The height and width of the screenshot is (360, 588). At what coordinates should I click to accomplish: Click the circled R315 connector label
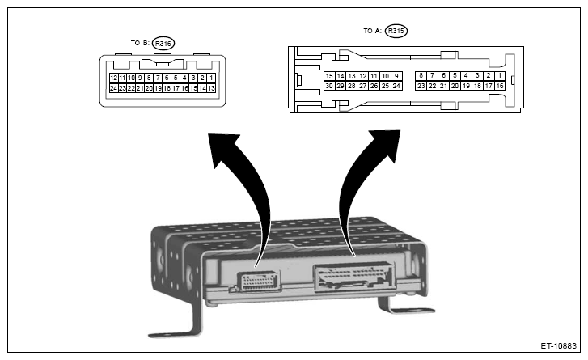(396, 32)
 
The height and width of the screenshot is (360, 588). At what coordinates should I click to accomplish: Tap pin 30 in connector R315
(329, 85)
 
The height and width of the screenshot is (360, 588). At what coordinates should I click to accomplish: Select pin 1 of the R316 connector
(210, 78)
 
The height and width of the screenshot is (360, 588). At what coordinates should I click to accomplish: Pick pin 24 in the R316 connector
(113, 87)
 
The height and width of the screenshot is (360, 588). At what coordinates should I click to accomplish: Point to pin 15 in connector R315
(329, 75)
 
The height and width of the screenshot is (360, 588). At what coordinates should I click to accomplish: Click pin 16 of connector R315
(500, 85)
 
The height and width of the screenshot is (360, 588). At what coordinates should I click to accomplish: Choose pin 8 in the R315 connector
(421, 75)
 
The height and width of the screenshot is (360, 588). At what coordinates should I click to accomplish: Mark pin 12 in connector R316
(113, 78)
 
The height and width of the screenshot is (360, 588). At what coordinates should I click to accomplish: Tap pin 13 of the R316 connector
(210, 87)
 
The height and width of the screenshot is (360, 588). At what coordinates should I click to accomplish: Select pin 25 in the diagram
(386, 85)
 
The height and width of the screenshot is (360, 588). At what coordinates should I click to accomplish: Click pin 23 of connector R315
(421, 85)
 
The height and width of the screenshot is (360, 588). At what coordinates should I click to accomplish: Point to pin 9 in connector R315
(397, 75)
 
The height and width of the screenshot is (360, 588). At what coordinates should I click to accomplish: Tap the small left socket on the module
(257, 281)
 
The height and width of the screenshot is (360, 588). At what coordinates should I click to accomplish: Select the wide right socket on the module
(353, 279)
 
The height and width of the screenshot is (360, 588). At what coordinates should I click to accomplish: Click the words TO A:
(373, 32)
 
